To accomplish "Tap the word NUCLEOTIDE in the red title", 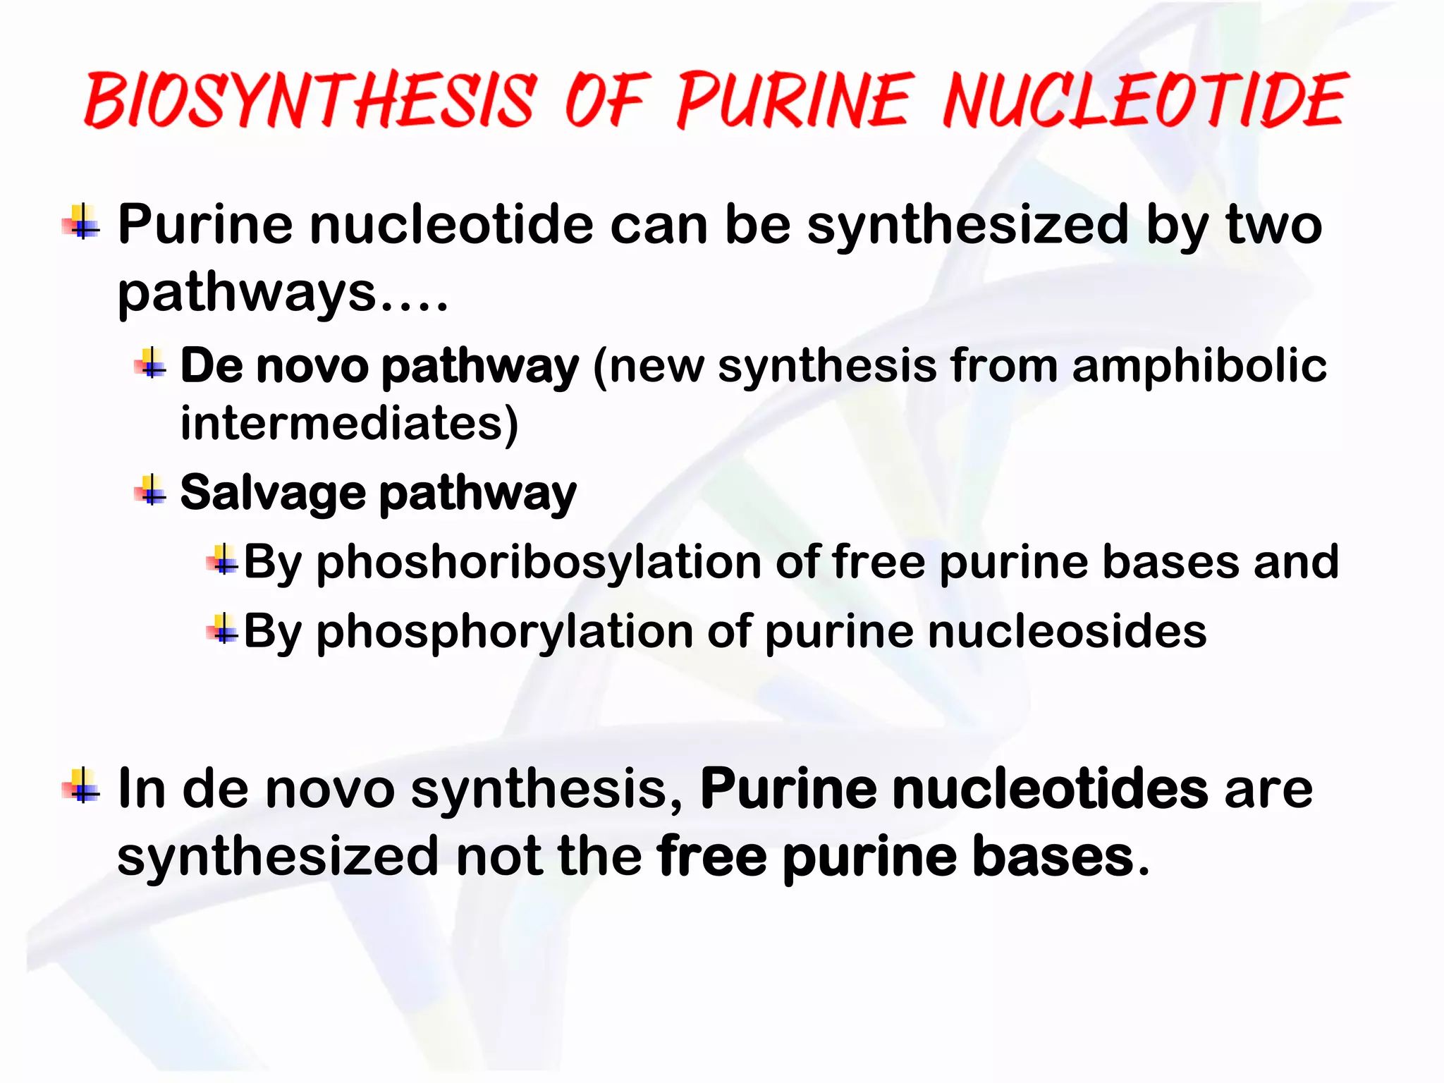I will tap(1145, 101).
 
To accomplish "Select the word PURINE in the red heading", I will tap(793, 101).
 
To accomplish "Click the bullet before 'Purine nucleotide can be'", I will tap(84, 223).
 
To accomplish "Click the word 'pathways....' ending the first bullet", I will tap(282, 292).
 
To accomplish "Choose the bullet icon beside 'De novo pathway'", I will tap(151, 364).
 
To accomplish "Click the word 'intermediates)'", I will tap(349, 423).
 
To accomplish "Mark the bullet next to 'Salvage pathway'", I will tap(151, 491).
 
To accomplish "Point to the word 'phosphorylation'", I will tap(503, 631).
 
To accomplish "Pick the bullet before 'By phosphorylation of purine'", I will tap(223, 629).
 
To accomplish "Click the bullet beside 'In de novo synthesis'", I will tap(84, 786).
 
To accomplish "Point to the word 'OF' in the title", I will tap(605, 101).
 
